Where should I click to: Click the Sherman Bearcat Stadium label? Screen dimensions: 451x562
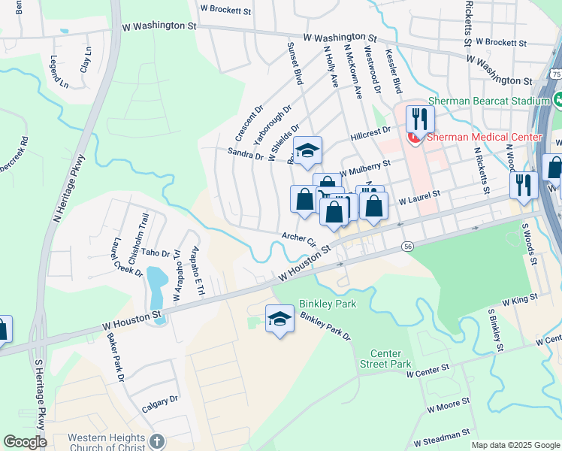(x=488, y=100)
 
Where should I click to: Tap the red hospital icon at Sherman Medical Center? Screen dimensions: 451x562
(x=412, y=138)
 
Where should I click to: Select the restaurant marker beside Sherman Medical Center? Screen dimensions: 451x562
(x=420, y=119)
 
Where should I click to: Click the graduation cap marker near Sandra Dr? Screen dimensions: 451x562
(x=307, y=151)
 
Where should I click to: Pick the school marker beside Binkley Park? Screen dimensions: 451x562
(x=279, y=319)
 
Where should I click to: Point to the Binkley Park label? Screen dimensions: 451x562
(x=328, y=304)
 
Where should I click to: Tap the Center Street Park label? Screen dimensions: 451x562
(x=391, y=359)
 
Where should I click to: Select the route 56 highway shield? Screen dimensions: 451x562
(x=407, y=247)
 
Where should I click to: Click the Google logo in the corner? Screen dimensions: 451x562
(x=25, y=442)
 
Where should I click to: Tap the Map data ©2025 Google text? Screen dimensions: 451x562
(x=515, y=445)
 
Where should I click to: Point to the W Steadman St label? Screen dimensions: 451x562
(x=440, y=435)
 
